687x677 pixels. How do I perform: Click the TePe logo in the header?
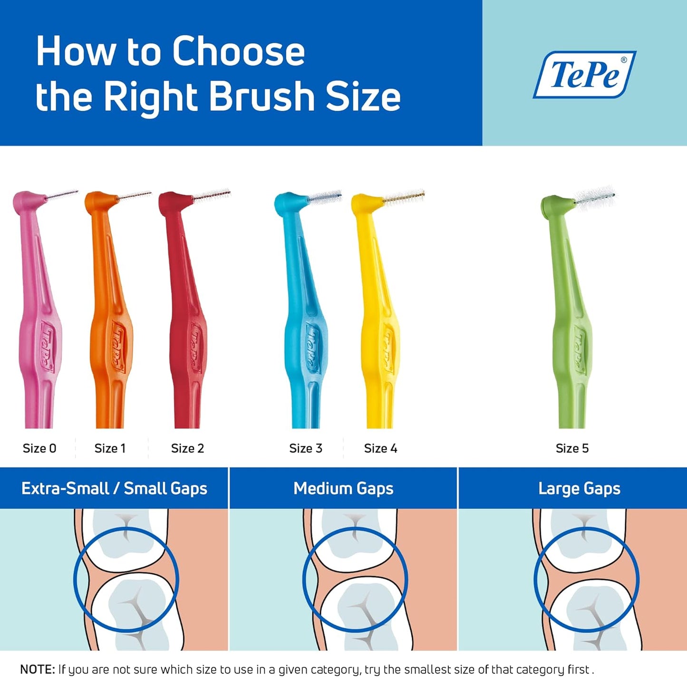585,74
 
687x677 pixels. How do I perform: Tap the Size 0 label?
39,448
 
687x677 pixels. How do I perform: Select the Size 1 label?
110,448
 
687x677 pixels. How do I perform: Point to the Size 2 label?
187,448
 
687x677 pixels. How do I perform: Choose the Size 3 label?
306,448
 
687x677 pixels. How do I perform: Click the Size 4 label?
380,448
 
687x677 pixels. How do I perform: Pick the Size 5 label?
572,448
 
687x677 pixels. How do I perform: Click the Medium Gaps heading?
343,488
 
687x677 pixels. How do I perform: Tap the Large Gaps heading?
579,488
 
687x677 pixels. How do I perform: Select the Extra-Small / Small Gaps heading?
114,488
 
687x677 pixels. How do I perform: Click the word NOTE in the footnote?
38,669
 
